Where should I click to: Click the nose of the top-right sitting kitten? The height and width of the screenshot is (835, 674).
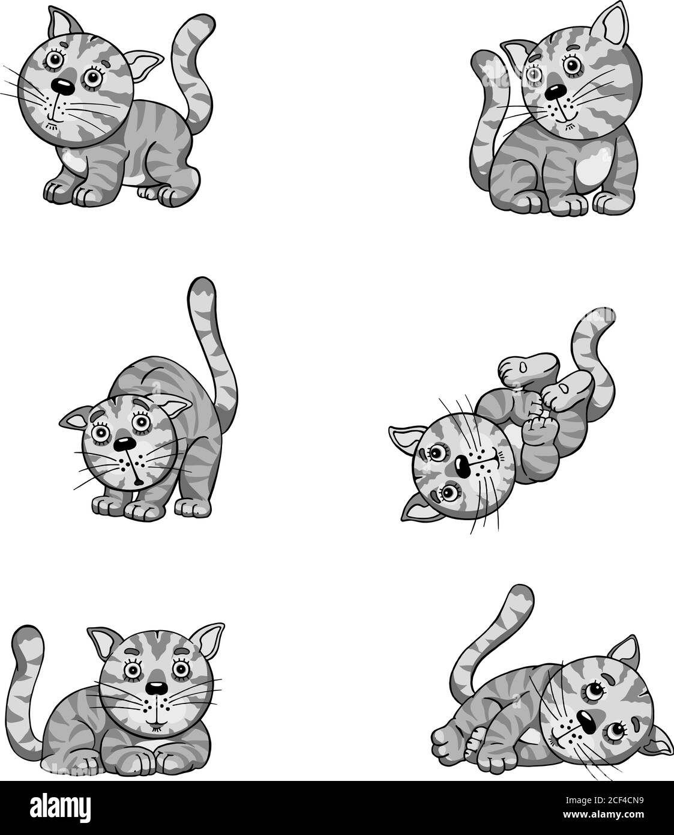[x=555, y=90]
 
